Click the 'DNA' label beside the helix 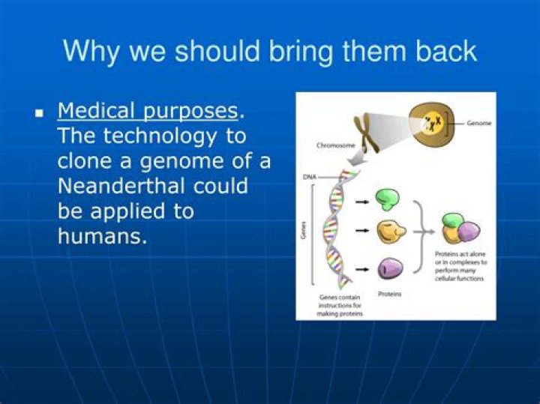click(308, 176)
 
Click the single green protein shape click(387, 199)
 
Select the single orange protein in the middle click(390, 232)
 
